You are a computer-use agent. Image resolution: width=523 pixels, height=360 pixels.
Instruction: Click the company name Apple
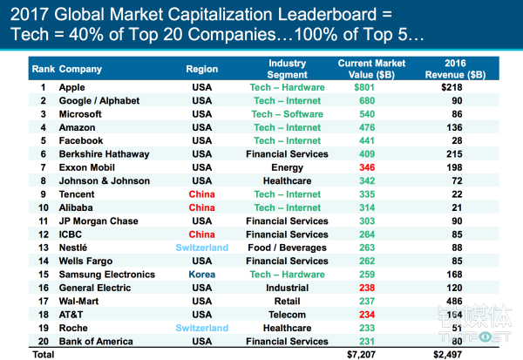[71, 87]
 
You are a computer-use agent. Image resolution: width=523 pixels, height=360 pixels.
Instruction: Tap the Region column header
[201, 68]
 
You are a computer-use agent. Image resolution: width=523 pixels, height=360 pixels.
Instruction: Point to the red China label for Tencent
[201, 194]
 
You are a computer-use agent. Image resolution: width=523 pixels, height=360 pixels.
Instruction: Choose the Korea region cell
[201, 275]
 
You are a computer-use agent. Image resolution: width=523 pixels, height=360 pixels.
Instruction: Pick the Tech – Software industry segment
[287, 114]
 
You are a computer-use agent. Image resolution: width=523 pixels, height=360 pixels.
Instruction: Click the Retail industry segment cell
[287, 302]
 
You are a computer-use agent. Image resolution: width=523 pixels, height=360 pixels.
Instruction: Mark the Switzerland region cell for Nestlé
[201, 248]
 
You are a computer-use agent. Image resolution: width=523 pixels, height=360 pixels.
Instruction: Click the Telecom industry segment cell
[287, 315]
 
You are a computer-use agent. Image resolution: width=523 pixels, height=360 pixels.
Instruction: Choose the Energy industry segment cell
[287, 167]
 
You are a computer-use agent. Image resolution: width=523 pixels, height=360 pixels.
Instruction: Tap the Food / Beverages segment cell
[287, 248]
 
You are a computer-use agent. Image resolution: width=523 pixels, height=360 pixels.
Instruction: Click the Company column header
[80, 68]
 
